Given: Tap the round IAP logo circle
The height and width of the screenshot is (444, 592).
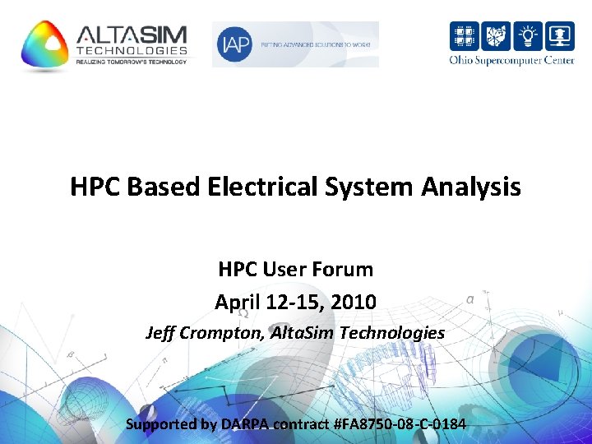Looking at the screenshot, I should coord(234,45).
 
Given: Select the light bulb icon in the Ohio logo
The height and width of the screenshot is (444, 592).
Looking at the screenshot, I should coord(528,37).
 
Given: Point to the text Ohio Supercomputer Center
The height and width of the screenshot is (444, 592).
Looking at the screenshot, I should coord(511,60).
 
